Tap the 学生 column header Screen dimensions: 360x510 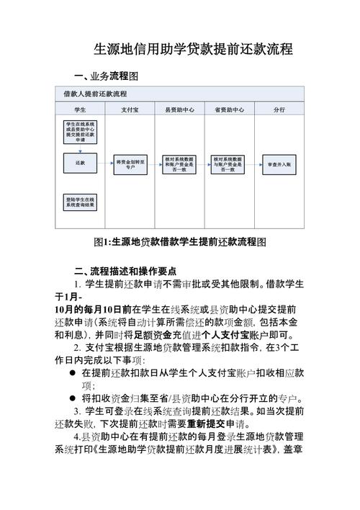click(x=80, y=109)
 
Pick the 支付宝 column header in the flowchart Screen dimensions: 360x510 click(x=130, y=109)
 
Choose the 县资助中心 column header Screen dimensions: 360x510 click(x=179, y=109)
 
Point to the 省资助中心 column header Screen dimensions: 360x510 click(x=229, y=109)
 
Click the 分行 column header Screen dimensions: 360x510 click(x=279, y=109)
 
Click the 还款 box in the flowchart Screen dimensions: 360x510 click(x=80, y=164)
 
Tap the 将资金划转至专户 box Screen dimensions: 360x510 click(x=130, y=164)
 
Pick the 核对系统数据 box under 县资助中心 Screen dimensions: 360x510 click(x=179, y=164)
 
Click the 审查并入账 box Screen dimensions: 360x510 click(x=279, y=164)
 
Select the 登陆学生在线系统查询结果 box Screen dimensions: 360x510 click(x=80, y=201)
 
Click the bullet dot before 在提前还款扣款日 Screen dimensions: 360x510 click(x=73, y=373)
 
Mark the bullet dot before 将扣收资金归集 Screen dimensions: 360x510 click(x=73, y=399)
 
